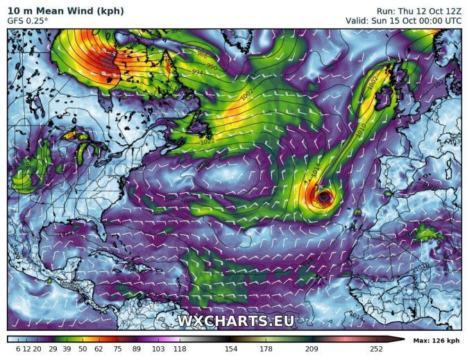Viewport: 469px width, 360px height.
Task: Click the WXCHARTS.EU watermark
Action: [x=235, y=321]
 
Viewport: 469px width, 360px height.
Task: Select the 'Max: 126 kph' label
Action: [x=436, y=341]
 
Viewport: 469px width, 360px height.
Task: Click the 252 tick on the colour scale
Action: [x=376, y=349]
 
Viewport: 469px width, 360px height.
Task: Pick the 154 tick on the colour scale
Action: [x=230, y=349]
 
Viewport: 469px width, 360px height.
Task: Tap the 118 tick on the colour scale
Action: [x=180, y=349]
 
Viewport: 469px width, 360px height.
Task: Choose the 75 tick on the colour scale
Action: [x=117, y=349]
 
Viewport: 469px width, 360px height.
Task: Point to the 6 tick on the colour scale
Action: [x=18, y=349]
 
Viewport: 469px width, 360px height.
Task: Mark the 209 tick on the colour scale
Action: [x=311, y=349]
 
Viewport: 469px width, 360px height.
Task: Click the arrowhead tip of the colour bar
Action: [x=403, y=339]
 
